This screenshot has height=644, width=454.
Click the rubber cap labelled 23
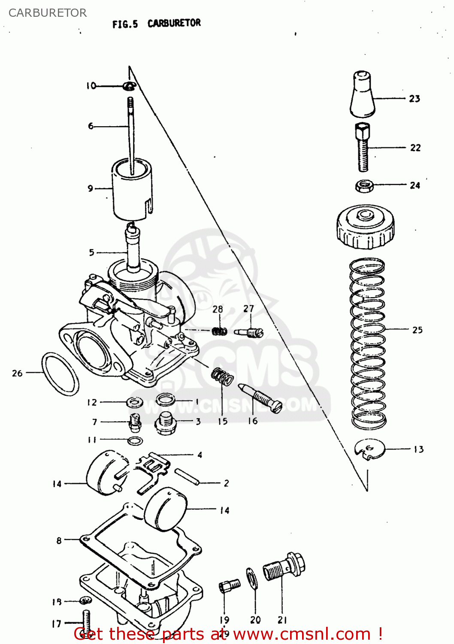coord(363,94)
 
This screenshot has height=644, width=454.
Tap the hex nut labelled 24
coord(364,186)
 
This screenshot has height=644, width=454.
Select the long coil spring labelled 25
coord(367,343)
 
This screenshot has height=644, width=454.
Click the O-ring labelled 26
coord(60,374)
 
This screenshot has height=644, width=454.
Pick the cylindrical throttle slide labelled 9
coord(132,189)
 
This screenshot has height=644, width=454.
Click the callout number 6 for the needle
coord(91,126)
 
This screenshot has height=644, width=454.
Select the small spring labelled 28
coord(220,331)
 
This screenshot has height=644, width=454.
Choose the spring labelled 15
coord(222,376)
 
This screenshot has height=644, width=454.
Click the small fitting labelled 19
coord(229,585)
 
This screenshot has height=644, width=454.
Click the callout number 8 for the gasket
coord(59,541)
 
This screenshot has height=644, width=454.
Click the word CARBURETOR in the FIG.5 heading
coord(174,23)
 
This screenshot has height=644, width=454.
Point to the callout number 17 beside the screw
coord(57,623)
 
